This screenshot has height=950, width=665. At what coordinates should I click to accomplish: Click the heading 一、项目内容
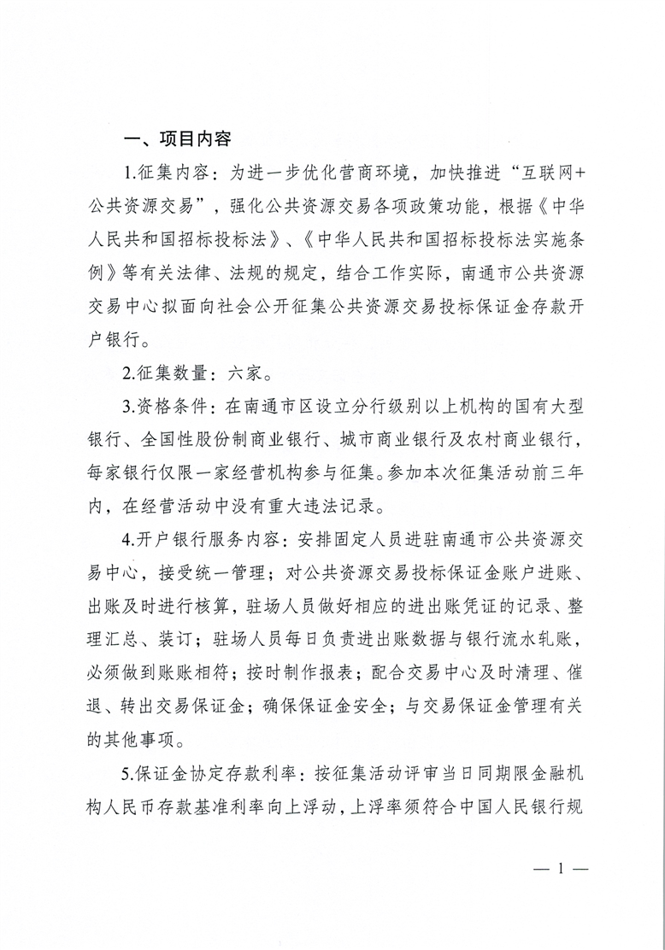click(177, 139)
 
